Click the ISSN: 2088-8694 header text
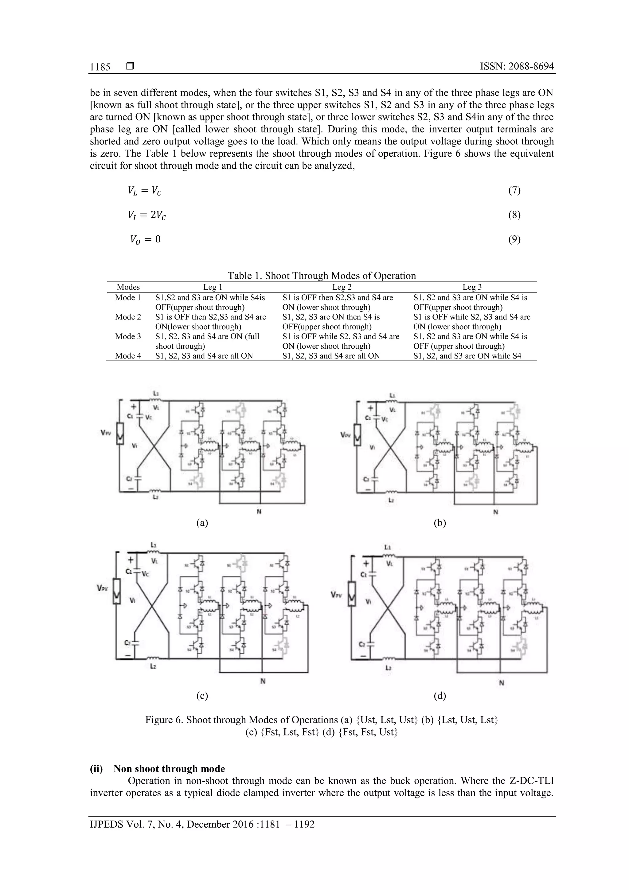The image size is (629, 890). click(517, 66)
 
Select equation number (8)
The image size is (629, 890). click(514, 215)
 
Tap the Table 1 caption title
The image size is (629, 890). click(321, 276)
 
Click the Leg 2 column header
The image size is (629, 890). click(342, 287)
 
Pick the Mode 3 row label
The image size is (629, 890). click(128, 336)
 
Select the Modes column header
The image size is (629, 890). click(128, 287)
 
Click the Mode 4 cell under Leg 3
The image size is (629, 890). click(467, 356)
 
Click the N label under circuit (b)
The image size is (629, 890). click(495, 512)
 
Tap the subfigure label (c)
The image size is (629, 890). click(202, 696)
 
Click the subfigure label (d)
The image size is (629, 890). click(440, 696)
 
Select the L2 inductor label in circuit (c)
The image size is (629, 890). click(153, 666)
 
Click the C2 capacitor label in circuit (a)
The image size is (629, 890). click(129, 479)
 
